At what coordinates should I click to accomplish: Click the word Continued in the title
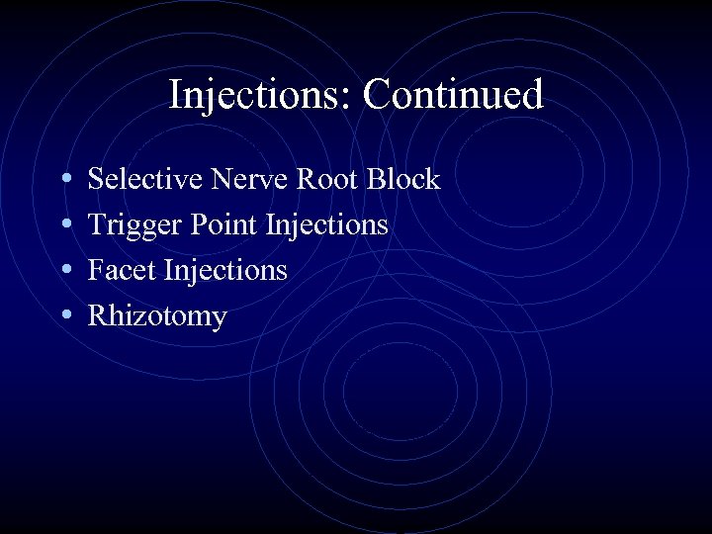pyautogui.click(x=453, y=96)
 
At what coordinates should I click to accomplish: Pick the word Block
pyautogui.click(x=403, y=179)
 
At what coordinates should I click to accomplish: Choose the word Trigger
pyautogui.click(x=132, y=226)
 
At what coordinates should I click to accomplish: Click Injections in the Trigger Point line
pyautogui.click(x=327, y=226)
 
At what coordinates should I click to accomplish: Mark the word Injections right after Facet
pyautogui.click(x=225, y=271)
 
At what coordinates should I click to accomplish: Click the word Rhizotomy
pyautogui.click(x=157, y=317)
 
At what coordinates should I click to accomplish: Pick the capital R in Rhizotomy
pyautogui.click(x=98, y=315)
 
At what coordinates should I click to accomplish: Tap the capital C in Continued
pyautogui.click(x=376, y=96)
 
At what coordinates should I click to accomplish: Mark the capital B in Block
pyautogui.click(x=377, y=179)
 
